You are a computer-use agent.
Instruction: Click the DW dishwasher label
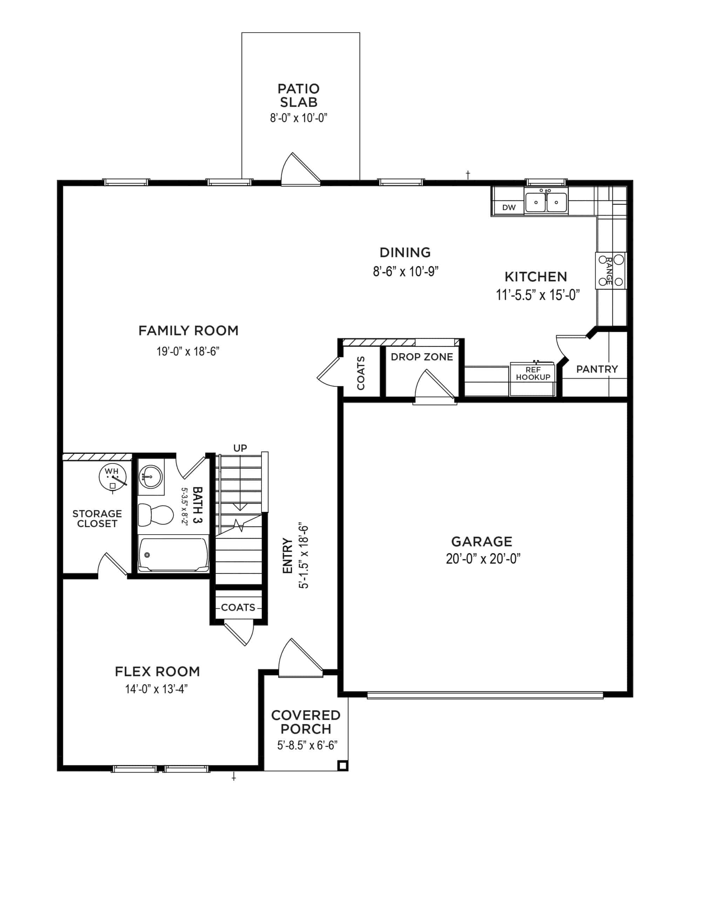[x=509, y=207]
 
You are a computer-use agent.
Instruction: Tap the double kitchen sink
[x=546, y=202]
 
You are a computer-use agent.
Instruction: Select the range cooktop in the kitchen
[x=611, y=271]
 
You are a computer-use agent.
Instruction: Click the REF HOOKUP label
[x=533, y=374]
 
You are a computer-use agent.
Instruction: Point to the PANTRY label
[x=597, y=369]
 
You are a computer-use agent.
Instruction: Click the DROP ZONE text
[x=422, y=357]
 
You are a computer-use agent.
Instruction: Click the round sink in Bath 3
[x=150, y=476]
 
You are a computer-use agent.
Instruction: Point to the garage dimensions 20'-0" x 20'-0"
[x=483, y=559]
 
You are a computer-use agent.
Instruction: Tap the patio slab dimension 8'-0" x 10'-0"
[x=298, y=118]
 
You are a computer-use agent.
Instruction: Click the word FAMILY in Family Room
[x=164, y=331]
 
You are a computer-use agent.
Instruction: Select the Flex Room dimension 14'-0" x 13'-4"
[x=156, y=689]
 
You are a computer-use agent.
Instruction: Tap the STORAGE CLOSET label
[x=97, y=518]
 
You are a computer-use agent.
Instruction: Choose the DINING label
[x=405, y=253]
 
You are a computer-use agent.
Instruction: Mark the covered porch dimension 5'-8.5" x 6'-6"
[x=307, y=745]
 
